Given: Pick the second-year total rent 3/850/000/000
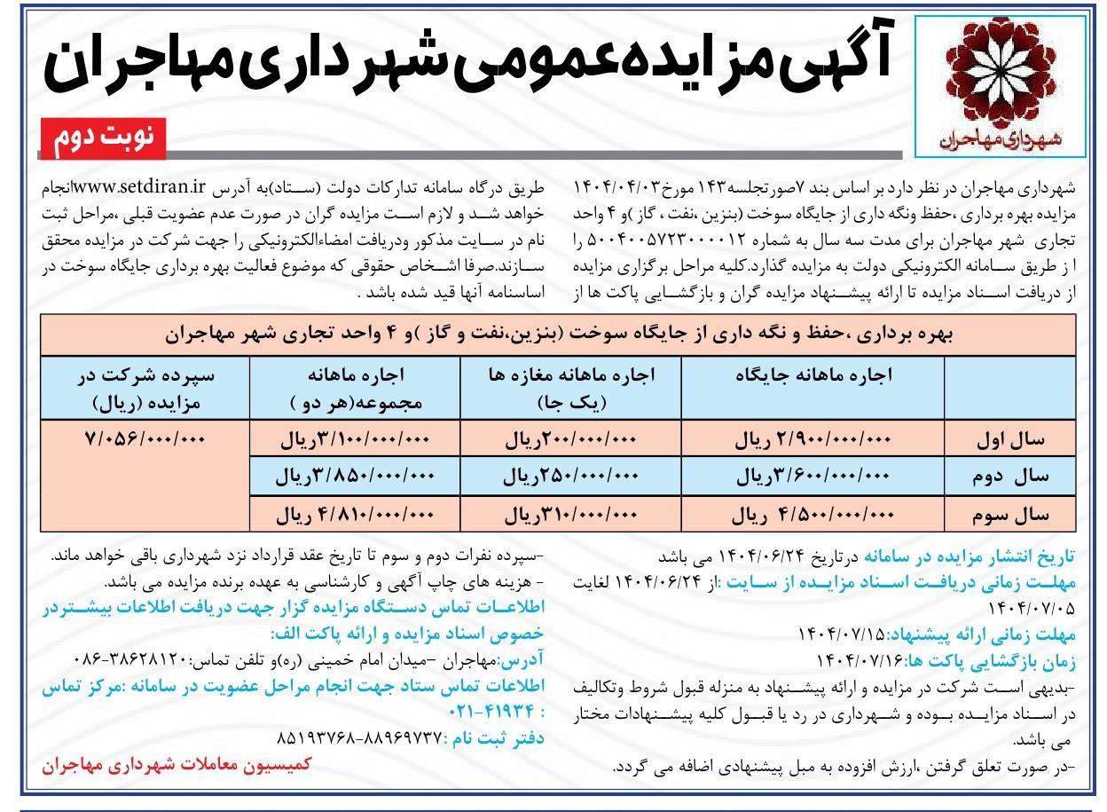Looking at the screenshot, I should (355, 477).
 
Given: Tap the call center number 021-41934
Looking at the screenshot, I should (90, 713).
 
